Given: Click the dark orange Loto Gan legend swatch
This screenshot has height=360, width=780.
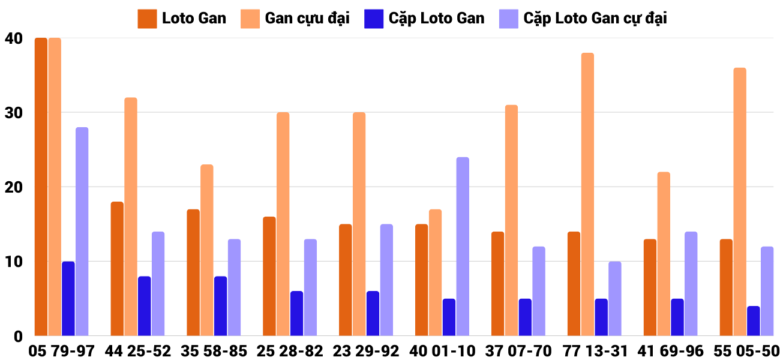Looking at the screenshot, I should point(147,19).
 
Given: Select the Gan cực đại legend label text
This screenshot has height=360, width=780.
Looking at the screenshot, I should point(307,19).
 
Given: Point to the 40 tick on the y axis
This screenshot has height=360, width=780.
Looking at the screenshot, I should point(13,38).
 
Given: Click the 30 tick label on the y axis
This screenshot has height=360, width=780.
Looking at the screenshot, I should point(13,113).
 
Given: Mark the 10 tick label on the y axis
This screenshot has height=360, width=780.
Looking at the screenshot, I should point(13,262).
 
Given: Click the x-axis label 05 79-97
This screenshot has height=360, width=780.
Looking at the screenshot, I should point(61,351).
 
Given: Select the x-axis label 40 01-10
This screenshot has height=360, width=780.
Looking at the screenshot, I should point(442,351).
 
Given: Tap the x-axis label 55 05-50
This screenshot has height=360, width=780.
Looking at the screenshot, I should point(746,351).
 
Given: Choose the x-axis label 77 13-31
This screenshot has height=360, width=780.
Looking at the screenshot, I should point(594,351).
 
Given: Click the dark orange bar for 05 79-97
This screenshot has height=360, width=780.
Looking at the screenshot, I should point(41,187).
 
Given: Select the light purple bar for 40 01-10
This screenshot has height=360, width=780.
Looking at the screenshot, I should point(463,247).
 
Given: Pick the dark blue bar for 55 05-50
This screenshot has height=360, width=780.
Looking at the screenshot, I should point(753,321).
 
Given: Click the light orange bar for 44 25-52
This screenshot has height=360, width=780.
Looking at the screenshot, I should point(131,217).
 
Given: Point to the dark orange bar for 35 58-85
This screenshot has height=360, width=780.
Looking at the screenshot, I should point(193,272).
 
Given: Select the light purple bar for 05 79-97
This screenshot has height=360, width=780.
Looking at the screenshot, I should point(82,232).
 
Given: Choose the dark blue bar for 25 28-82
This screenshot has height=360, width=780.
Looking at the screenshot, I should point(296,313).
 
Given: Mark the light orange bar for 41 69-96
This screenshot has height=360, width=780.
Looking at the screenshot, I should point(664,254).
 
